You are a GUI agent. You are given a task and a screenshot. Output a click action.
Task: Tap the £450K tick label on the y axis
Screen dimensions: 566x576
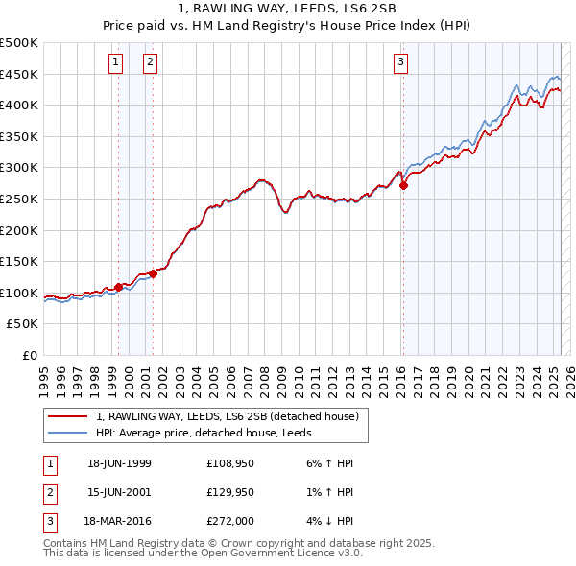[19, 74]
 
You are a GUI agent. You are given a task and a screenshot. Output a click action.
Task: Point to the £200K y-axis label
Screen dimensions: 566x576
[19, 230]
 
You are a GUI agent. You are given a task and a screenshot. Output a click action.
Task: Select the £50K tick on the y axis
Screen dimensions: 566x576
[23, 324]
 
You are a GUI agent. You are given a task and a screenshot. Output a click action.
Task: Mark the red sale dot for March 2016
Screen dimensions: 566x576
[403, 186]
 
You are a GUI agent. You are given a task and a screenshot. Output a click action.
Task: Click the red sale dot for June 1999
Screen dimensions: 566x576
[119, 287]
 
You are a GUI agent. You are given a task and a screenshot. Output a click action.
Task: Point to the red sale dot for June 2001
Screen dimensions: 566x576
[153, 273]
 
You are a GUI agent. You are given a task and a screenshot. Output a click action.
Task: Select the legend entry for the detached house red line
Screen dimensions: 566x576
[227, 416]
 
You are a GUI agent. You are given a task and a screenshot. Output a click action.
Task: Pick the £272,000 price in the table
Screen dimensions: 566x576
[230, 523]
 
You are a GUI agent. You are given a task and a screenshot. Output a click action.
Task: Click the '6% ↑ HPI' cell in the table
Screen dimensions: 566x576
[328, 463]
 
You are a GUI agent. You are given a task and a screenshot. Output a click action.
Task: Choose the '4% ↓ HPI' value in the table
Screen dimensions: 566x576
[328, 523]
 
